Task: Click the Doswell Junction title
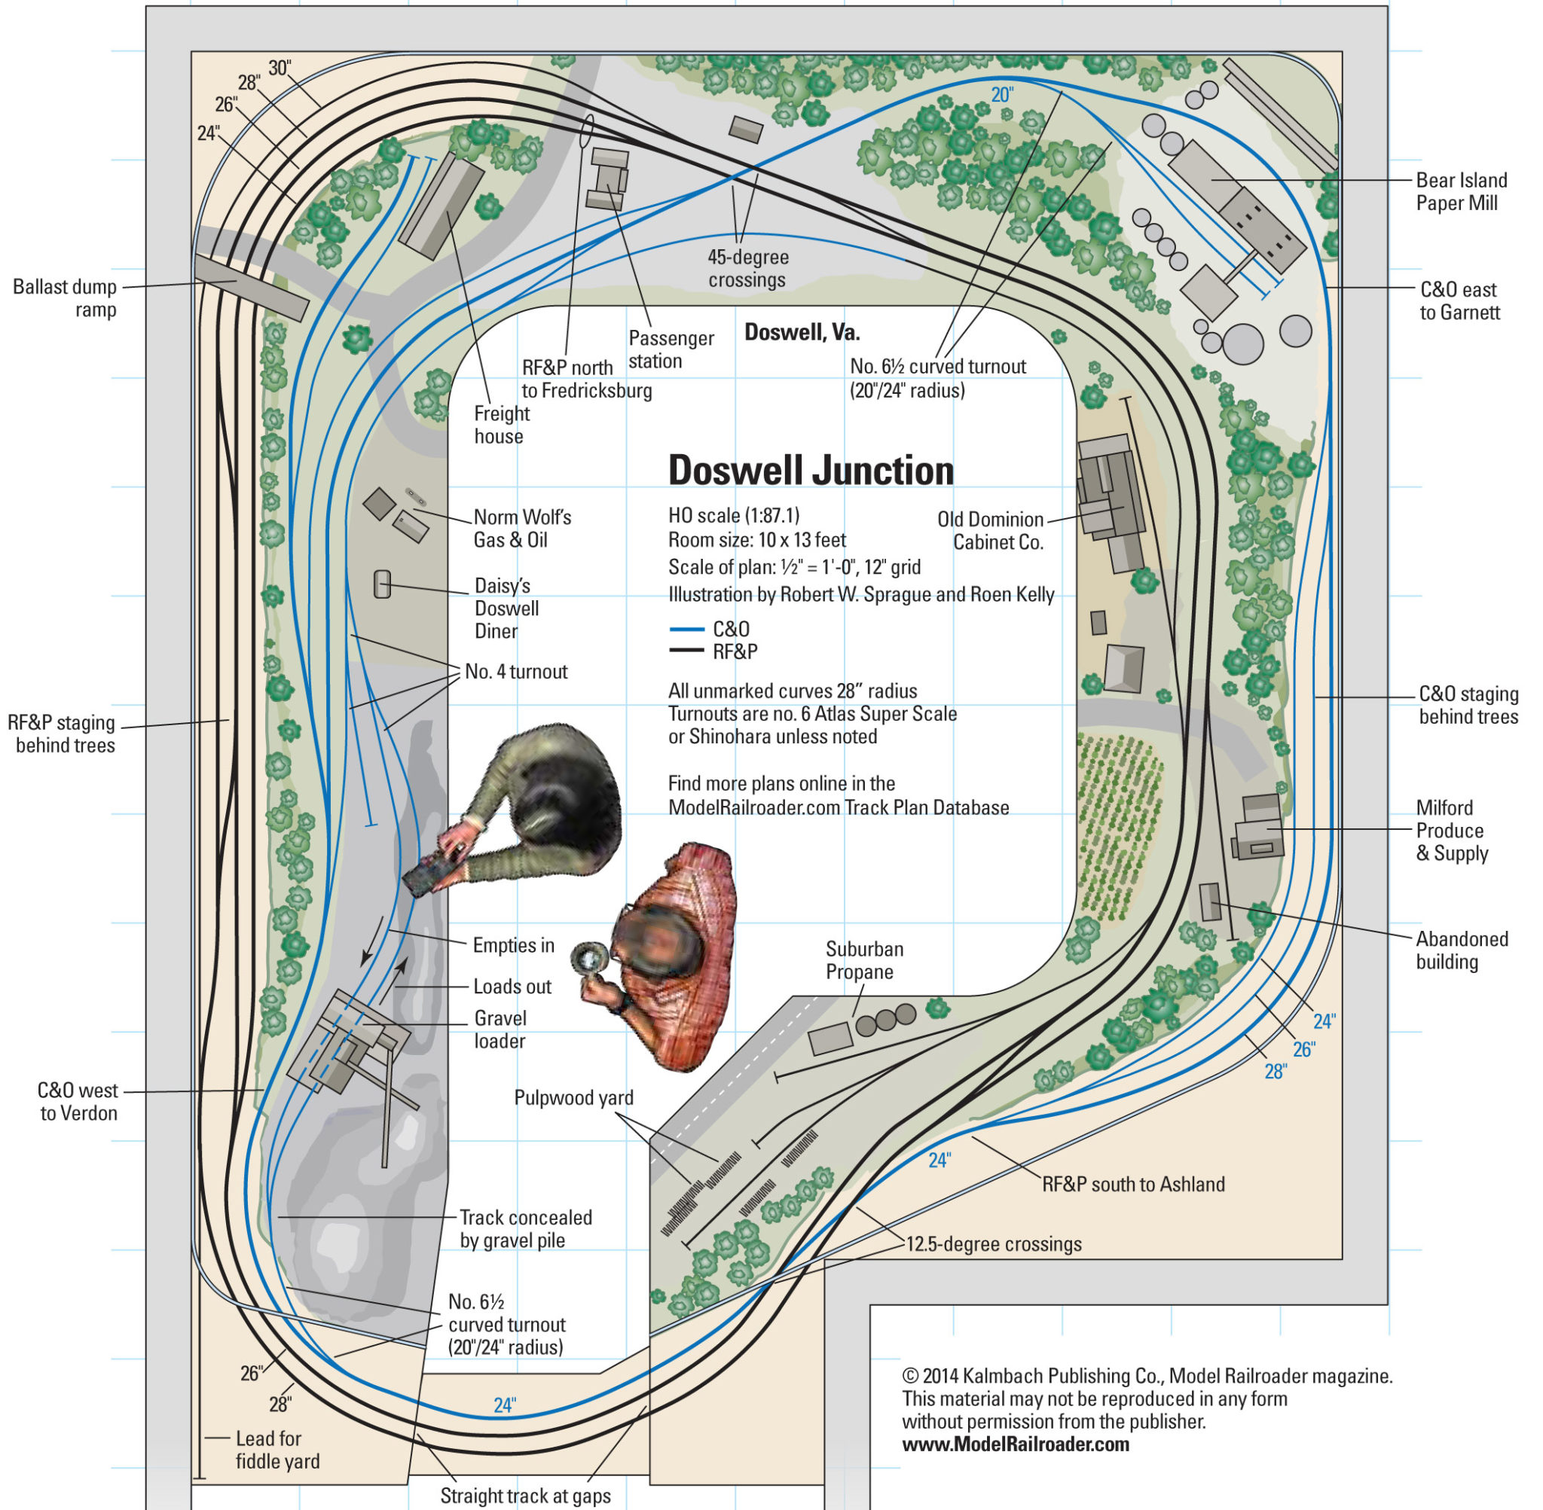click(811, 471)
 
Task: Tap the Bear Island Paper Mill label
click(1462, 192)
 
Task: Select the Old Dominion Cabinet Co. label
click(990, 530)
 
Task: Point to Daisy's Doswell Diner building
click(383, 584)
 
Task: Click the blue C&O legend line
click(686, 630)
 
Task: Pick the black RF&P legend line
click(686, 651)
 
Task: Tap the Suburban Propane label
click(864, 960)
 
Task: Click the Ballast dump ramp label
click(65, 298)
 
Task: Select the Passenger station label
click(671, 349)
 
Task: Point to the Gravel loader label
click(500, 1030)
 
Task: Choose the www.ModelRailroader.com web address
click(1016, 1444)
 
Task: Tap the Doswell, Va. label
click(801, 332)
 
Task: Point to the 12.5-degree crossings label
click(993, 1243)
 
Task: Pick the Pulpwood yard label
click(573, 1097)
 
